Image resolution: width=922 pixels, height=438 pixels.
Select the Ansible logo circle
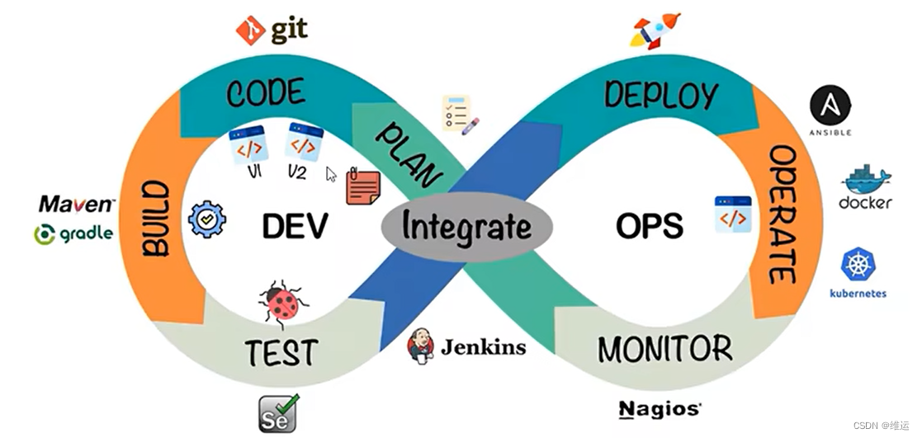click(x=830, y=106)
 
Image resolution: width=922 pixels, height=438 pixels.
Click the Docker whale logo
click(x=865, y=181)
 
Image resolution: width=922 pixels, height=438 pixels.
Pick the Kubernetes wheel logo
click(x=858, y=265)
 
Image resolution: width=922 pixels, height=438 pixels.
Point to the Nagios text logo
click(x=660, y=408)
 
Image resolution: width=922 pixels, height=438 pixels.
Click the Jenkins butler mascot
click(x=420, y=346)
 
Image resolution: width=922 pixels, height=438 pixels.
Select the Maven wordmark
click(x=77, y=204)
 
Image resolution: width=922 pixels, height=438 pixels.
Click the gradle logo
click(x=73, y=234)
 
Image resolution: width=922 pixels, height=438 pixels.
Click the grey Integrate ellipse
click(x=466, y=225)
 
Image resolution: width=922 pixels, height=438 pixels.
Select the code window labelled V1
click(x=248, y=146)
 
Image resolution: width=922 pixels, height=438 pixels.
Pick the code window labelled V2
click(x=303, y=144)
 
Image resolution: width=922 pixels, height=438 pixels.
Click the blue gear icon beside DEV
click(x=206, y=219)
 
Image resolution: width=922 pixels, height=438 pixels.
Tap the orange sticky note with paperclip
click(x=362, y=185)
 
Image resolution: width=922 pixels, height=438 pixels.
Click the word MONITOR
click(x=664, y=349)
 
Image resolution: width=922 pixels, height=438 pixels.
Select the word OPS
click(x=649, y=225)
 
